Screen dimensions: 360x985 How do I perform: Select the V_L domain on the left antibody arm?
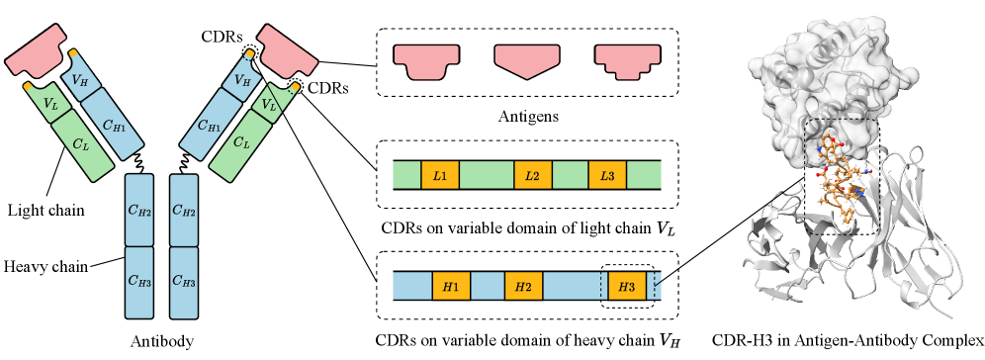coord(50,101)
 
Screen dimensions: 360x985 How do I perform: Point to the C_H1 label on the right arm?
coord(209,125)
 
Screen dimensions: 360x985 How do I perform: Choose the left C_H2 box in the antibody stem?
coord(139,210)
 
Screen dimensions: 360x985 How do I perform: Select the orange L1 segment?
coord(440,176)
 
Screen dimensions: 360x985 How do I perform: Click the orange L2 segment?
coord(532,176)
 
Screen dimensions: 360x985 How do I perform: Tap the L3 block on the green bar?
coord(607,176)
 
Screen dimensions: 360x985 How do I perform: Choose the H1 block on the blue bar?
coord(451,287)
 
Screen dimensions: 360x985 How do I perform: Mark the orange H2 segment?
coord(523,287)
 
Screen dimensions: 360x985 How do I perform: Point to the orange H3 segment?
coord(627,287)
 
